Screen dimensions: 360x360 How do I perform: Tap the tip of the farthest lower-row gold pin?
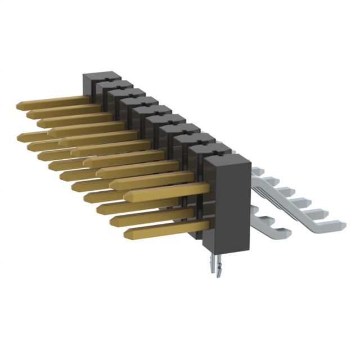(21, 136)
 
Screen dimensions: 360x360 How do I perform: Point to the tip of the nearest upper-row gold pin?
(128, 196)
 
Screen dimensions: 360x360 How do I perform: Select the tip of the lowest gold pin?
(127, 233)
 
